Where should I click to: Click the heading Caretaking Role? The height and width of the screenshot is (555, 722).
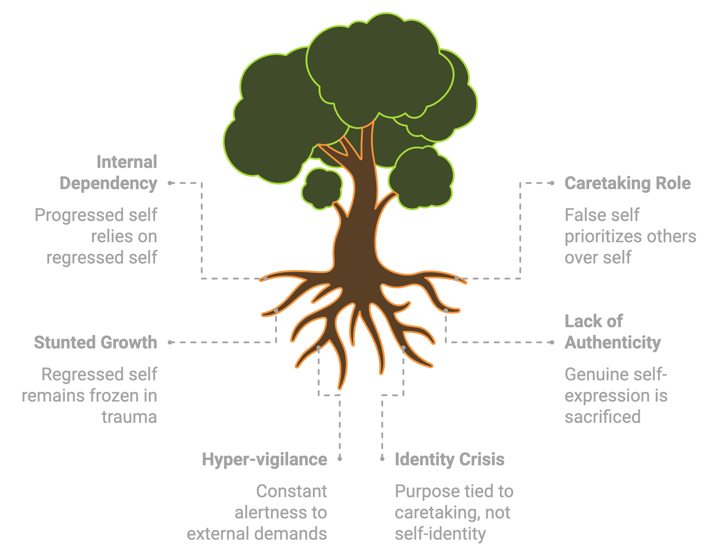pyautogui.click(x=627, y=183)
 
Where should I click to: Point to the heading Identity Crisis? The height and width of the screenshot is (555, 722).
pyautogui.click(x=450, y=459)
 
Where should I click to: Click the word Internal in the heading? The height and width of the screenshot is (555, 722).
pyautogui.click(x=127, y=162)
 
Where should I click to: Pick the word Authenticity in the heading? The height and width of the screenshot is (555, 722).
pyautogui.click(x=613, y=343)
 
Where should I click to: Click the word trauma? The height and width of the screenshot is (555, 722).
pyautogui.click(x=129, y=417)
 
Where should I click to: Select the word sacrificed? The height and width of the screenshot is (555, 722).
pyautogui.click(x=603, y=417)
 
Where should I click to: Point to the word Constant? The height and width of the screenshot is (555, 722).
pyautogui.click(x=291, y=491)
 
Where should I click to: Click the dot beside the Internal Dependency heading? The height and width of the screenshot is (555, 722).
pyautogui.click(x=170, y=183)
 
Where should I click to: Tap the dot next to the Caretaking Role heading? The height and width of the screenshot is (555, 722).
pyautogui.click(x=552, y=183)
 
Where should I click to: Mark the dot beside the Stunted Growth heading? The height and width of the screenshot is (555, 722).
pyautogui.click(x=170, y=342)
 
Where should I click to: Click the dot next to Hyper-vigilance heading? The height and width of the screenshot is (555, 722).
pyautogui.click(x=340, y=459)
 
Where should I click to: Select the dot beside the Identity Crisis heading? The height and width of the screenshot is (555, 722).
pyautogui.click(x=382, y=459)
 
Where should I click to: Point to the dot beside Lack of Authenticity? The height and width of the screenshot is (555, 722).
pyautogui.click(x=552, y=342)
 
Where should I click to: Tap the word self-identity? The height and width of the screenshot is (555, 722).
pyautogui.click(x=440, y=534)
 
